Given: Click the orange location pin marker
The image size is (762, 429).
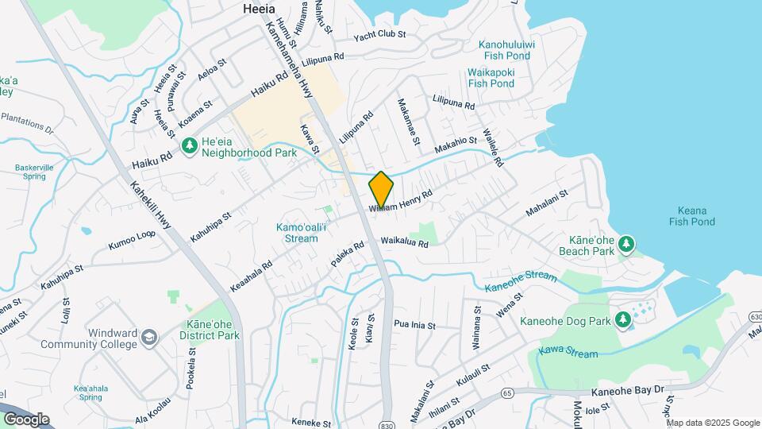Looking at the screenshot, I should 381,191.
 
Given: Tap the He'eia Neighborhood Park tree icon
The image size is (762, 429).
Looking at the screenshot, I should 190,145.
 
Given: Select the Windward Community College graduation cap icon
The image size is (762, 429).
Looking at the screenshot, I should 148,338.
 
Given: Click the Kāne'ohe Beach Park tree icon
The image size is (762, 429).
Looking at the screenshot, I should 626,242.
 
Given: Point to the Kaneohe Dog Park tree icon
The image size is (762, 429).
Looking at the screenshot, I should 622,320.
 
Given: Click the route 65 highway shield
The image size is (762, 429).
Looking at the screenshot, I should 507,392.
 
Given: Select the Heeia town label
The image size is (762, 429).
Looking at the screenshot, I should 258,9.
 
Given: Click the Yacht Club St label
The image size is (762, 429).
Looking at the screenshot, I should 380,35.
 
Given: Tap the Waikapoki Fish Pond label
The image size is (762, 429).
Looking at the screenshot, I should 491,77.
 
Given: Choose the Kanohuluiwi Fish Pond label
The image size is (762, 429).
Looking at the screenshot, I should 507,50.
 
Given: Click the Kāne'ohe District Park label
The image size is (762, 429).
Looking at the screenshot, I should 213,330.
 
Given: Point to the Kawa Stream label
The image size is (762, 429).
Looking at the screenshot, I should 568,350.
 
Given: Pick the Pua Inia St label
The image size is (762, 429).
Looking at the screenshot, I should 415,324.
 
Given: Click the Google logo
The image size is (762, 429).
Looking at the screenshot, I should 26,419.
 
